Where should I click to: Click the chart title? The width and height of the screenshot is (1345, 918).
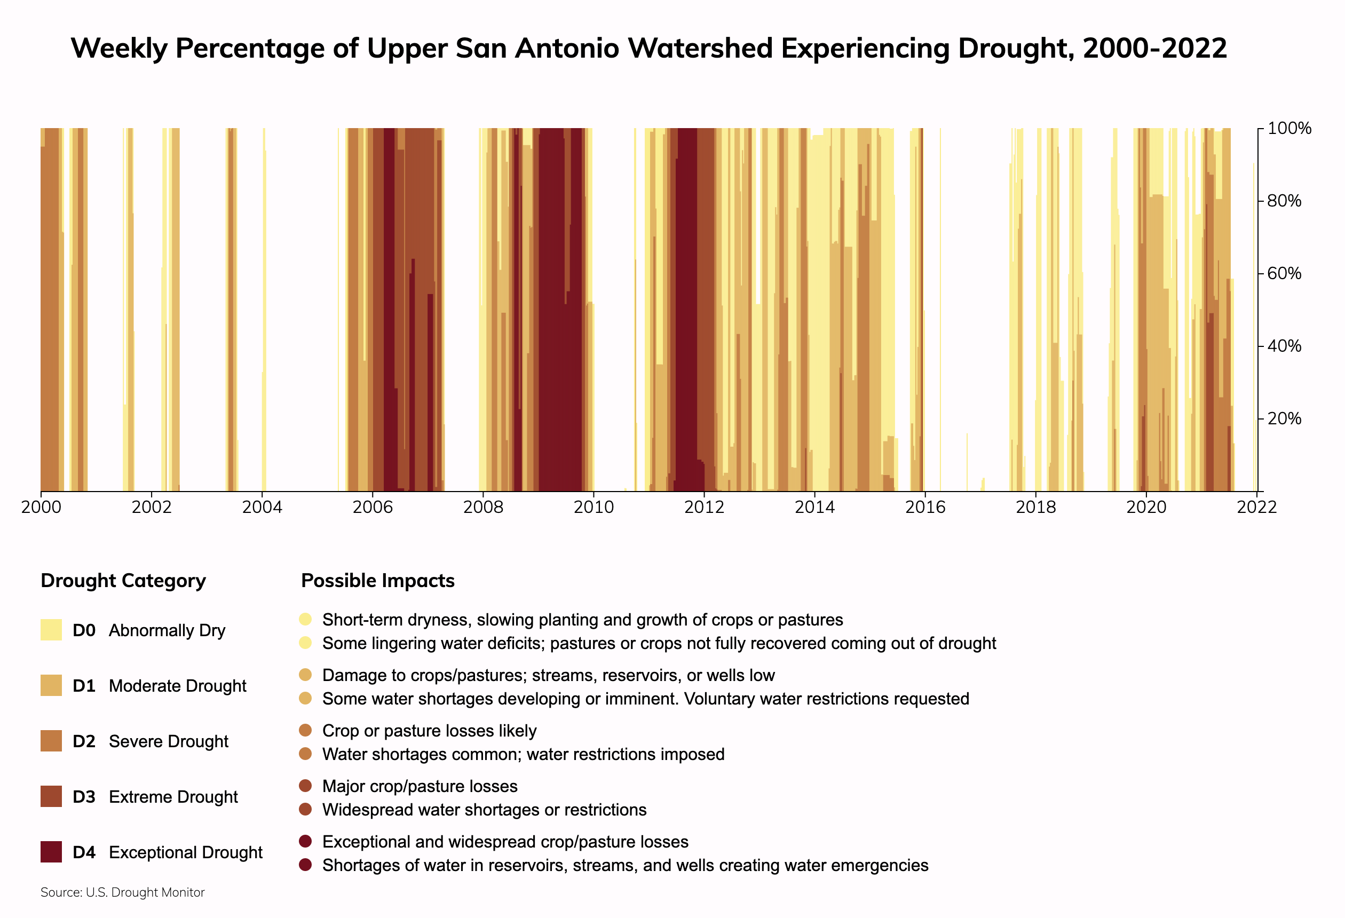click(x=648, y=48)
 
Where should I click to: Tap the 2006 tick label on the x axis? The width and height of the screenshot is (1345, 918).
click(x=372, y=508)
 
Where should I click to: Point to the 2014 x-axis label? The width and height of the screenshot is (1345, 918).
click(x=814, y=508)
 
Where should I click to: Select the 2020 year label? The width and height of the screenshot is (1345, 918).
click(x=1146, y=508)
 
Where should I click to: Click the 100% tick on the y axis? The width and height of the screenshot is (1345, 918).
click(x=1289, y=129)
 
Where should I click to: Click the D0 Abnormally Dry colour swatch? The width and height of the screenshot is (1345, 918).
click(x=51, y=630)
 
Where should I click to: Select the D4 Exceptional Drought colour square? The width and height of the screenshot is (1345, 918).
click(x=51, y=852)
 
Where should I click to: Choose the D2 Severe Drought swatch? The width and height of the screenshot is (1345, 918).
click(x=51, y=741)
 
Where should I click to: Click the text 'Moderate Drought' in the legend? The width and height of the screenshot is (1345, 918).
click(x=177, y=686)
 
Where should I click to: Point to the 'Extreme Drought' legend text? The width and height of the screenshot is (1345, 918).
click(x=173, y=797)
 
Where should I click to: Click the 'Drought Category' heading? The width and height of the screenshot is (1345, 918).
click(x=123, y=581)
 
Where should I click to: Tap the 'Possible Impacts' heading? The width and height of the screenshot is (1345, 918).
click(x=378, y=581)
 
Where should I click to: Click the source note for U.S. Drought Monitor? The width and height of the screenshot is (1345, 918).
click(x=123, y=892)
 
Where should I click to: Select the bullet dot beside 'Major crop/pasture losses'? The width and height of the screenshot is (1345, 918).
click(x=306, y=786)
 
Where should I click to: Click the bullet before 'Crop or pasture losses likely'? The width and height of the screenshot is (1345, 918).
click(x=306, y=730)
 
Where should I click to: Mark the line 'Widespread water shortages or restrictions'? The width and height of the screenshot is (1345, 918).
click(x=484, y=810)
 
